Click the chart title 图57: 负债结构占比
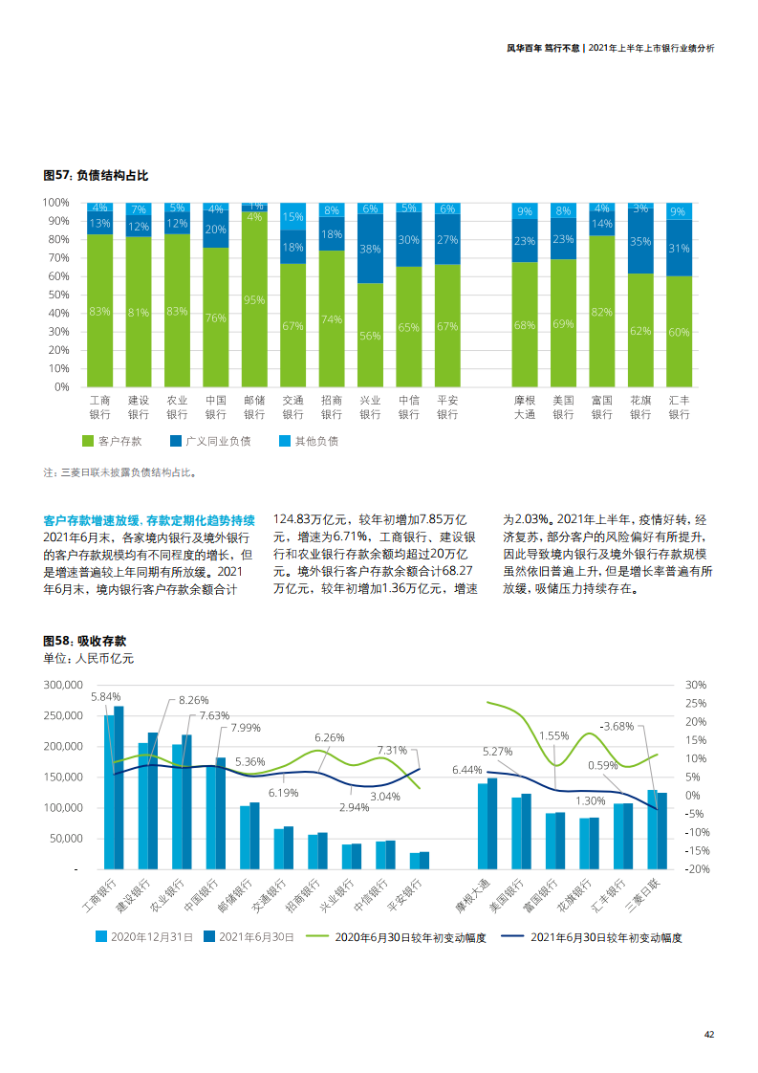point(96,176)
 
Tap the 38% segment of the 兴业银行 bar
point(370,249)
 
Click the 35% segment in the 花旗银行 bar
point(640,243)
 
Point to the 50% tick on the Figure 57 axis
point(55,295)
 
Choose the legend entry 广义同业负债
point(210,441)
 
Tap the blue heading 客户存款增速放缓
point(149,519)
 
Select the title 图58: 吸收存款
point(92,640)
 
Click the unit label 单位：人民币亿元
point(89,659)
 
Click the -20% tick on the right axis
point(695,868)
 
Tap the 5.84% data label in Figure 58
point(105,697)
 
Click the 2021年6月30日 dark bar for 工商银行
point(119,787)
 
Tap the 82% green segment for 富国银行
point(602,312)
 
